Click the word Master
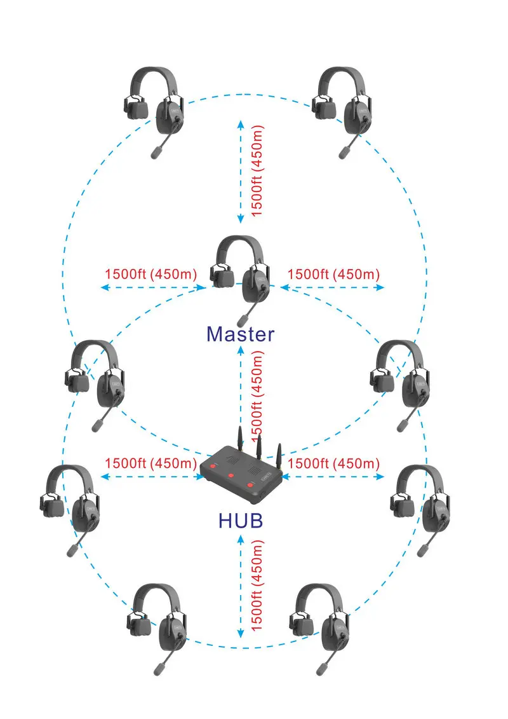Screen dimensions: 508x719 pyautogui.click(x=240, y=334)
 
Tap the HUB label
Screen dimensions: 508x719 pyautogui.click(x=241, y=521)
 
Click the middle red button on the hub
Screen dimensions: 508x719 pyautogui.click(x=231, y=476)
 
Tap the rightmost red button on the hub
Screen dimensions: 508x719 pyautogui.click(x=250, y=484)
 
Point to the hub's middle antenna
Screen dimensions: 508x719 pyautogui.click(x=259, y=446)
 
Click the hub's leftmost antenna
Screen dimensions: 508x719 pyautogui.click(x=239, y=437)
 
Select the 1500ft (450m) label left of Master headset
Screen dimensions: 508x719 pyautogui.click(x=150, y=274)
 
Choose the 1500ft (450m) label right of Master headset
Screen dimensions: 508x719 pyautogui.click(x=333, y=274)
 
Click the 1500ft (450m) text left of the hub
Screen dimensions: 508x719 pyautogui.click(x=150, y=463)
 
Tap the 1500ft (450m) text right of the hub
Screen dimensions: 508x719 pyautogui.click(x=333, y=463)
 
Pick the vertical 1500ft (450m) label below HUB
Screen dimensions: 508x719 pyautogui.click(x=257, y=585)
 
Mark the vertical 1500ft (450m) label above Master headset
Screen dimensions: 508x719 pyautogui.click(x=257, y=170)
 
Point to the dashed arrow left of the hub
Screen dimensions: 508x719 pyautogui.click(x=152, y=477)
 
